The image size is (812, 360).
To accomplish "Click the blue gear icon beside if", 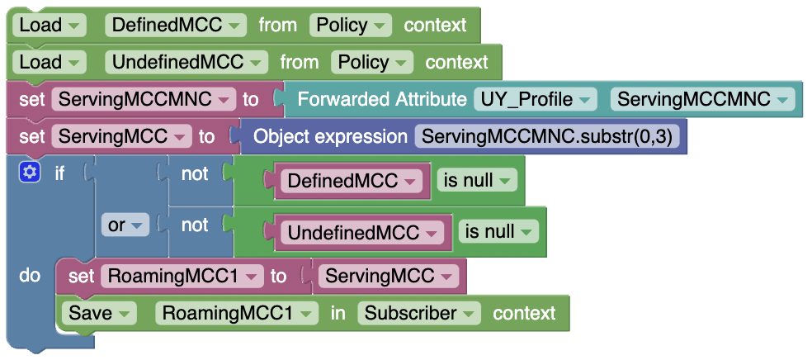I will click(31, 173).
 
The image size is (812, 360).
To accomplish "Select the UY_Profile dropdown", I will click(536, 100).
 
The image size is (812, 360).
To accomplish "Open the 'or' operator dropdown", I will click(124, 225).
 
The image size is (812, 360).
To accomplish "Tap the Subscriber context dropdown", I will click(420, 313).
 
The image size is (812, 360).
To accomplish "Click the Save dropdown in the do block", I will click(101, 313).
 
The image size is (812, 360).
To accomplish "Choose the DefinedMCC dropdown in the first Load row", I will click(176, 25).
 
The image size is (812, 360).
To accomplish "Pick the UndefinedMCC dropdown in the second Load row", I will click(186, 62).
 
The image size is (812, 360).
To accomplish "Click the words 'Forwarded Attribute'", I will click(381, 100).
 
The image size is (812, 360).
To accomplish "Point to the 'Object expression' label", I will click(330, 136).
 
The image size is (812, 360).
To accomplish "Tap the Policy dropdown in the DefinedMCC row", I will click(351, 25).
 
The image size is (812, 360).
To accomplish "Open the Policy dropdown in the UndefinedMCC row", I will click(372, 62).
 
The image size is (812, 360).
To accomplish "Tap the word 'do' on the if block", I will click(30, 275).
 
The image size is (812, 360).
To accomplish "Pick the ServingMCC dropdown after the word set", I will click(121, 136).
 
